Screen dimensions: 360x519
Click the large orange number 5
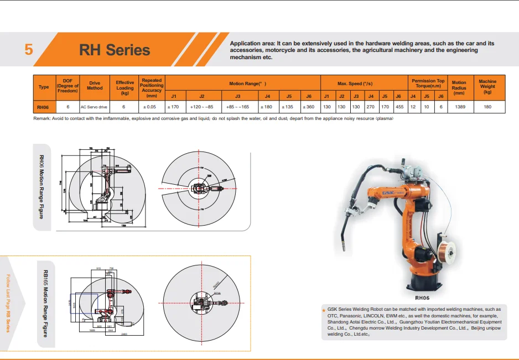(x=29, y=49)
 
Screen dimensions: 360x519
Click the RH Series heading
(x=115, y=50)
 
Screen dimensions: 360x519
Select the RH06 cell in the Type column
(x=44, y=107)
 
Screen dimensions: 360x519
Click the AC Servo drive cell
(x=94, y=107)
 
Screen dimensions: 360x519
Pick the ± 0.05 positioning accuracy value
(x=151, y=107)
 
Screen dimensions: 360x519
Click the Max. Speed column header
(x=363, y=84)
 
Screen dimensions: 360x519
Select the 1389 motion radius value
(x=459, y=107)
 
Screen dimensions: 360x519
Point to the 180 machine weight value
(x=487, y=107)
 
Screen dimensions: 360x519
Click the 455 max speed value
(x=399, y=107)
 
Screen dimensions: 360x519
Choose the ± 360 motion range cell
(x=309, y=107)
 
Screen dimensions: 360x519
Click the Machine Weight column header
(x=487, y=86)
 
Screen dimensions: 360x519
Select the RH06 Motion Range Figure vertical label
(x=41, y=187)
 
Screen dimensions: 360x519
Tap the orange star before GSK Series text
(x=324, y=309)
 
